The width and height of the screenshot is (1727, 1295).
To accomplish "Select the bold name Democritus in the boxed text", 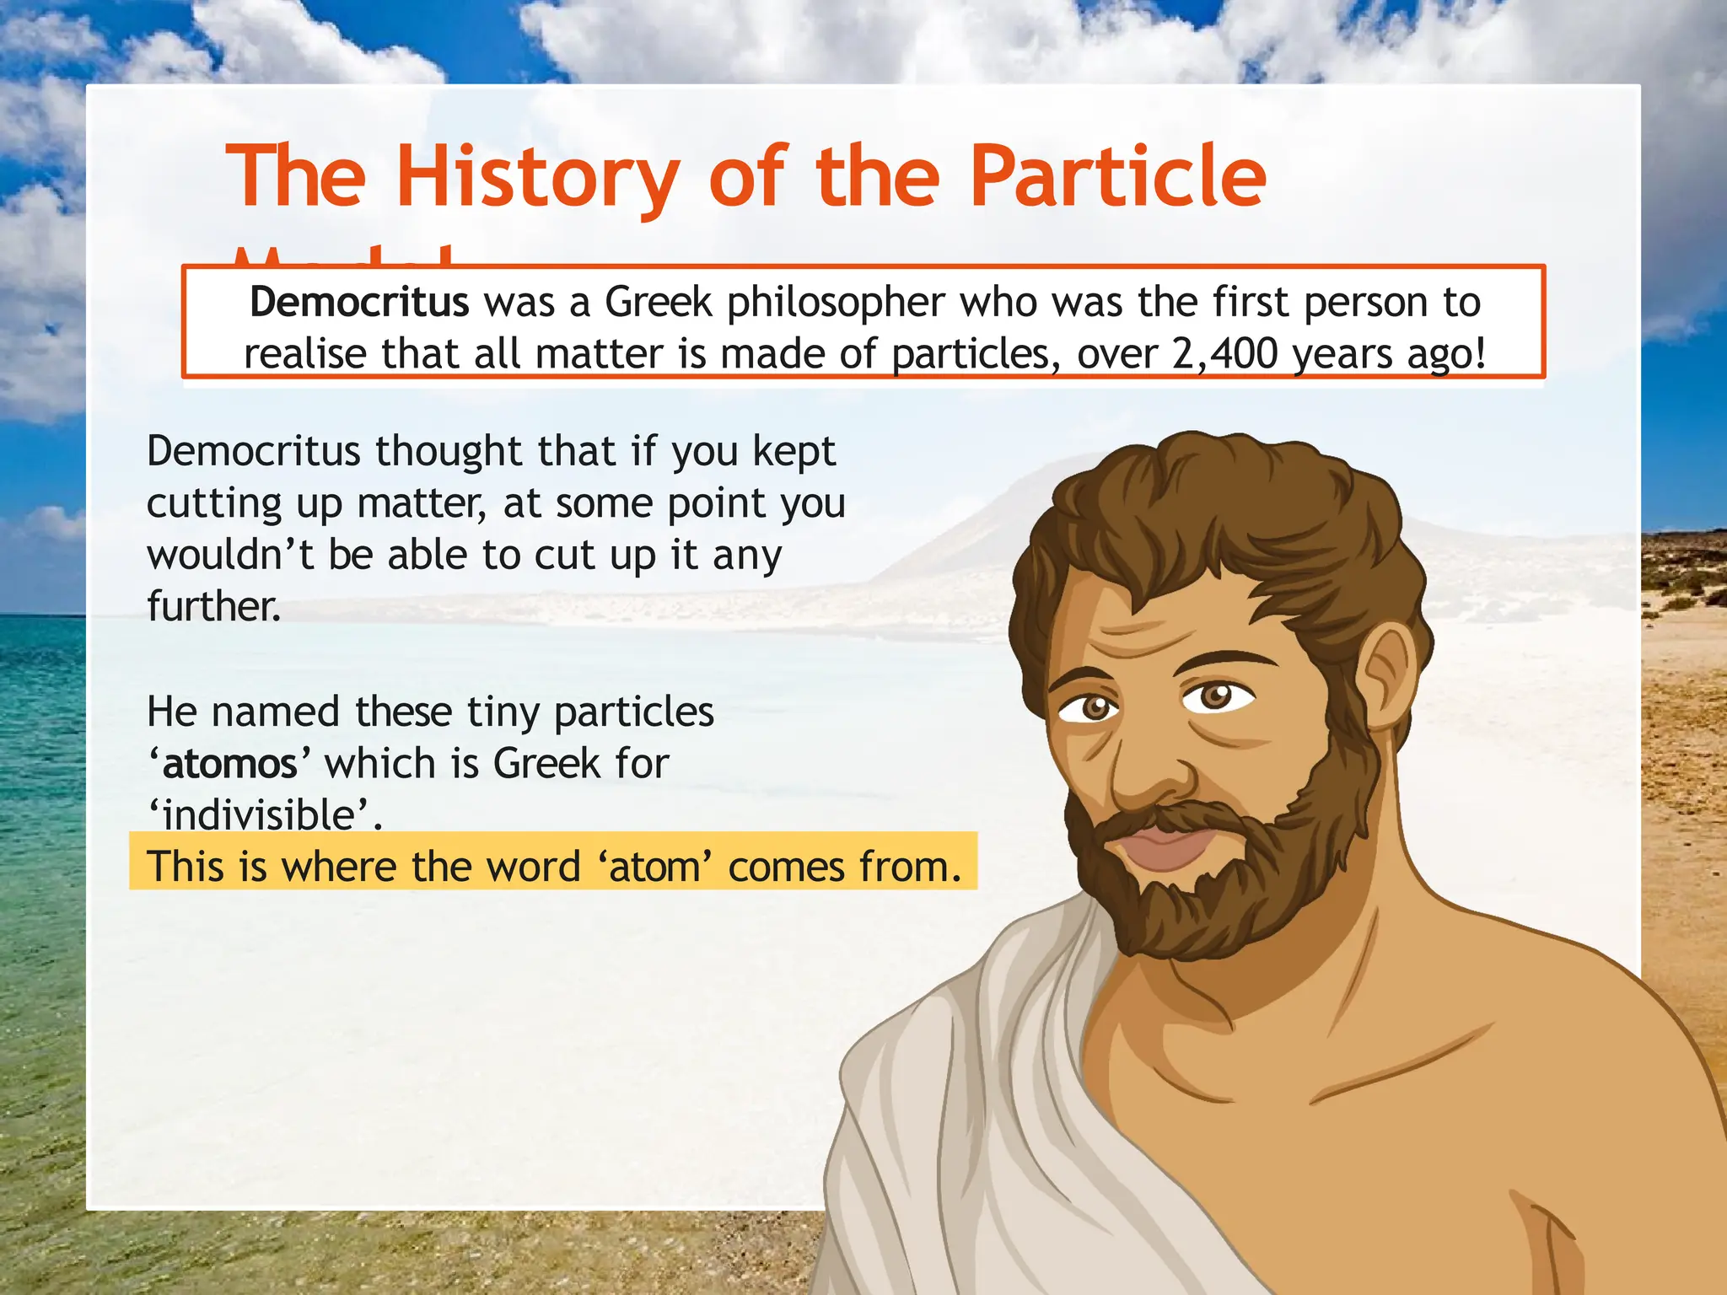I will (x=359, y=302).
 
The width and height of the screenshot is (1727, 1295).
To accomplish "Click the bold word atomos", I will (x=229, y=764).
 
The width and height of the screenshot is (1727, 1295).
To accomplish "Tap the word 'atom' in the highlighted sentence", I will (x=655, y=867).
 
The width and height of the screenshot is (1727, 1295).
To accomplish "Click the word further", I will (x=213, y=606).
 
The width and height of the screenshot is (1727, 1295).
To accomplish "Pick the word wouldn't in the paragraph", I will (x=230, y=555).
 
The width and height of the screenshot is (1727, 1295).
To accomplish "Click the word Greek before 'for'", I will (x=547, y=764).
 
